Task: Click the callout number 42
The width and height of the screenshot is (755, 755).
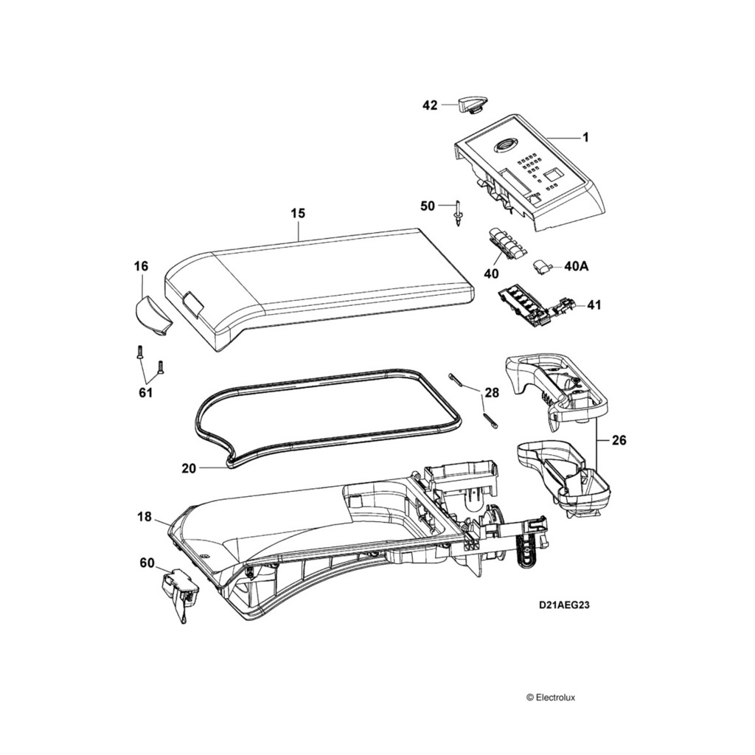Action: [x=429, y=105]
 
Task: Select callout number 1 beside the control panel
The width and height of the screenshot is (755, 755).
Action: [x=585, y=137]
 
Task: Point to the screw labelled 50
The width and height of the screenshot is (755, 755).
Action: [x=459, y=214]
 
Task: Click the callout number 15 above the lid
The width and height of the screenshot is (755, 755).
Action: [x=297, y=213]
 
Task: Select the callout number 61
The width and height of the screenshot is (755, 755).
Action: [x=145, y=392]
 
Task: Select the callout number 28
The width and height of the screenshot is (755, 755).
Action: [x=491, y=393]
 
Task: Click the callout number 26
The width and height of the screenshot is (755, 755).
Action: [x=618, y=441]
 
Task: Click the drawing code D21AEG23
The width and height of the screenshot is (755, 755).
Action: [x=563, y=605]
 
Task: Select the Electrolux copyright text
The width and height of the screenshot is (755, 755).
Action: [x=555, y=696]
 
